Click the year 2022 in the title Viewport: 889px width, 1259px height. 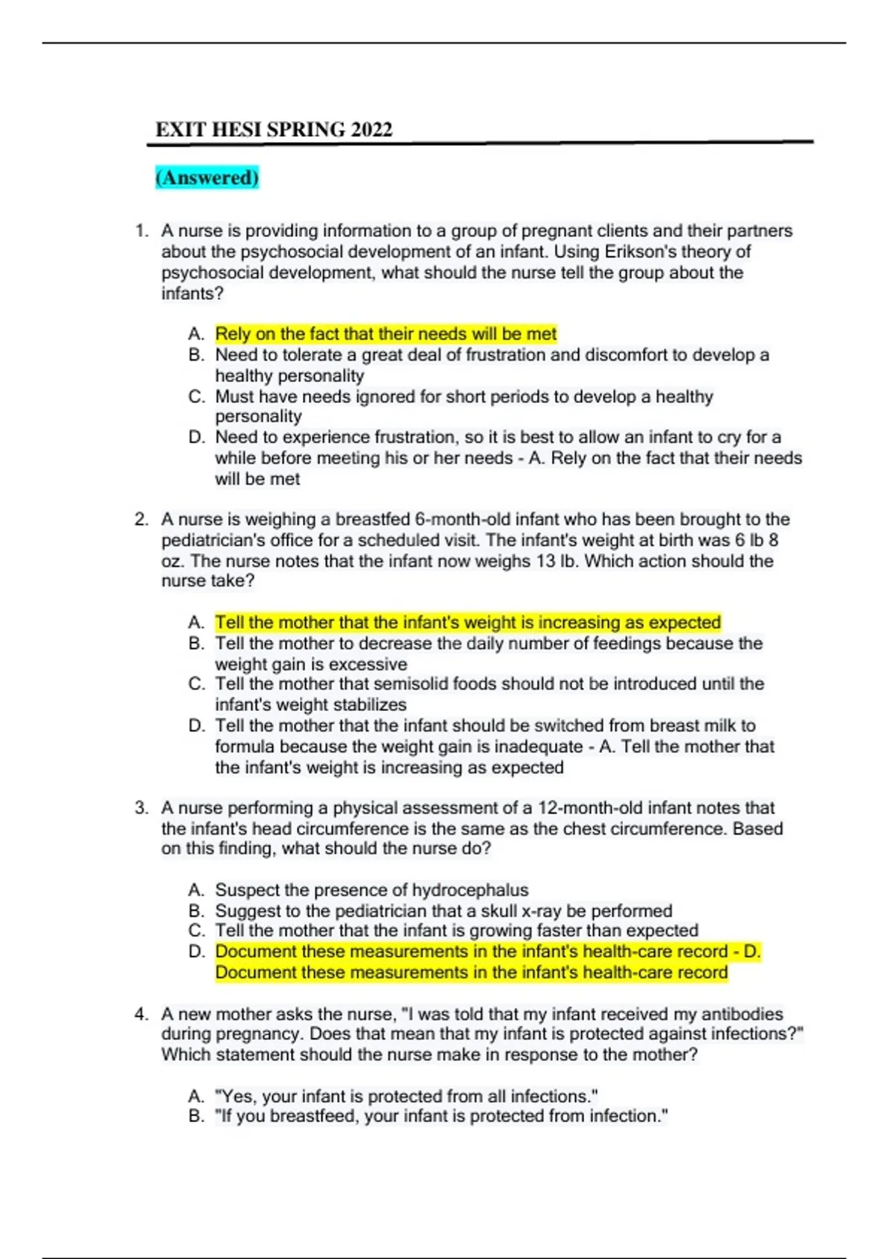click(371, 130)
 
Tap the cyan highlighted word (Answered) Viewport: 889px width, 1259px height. click(207, 178)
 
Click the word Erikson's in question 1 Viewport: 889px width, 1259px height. click(640, 252)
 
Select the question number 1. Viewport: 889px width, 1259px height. click(141, 231)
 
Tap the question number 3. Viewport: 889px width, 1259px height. click(141, 808)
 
